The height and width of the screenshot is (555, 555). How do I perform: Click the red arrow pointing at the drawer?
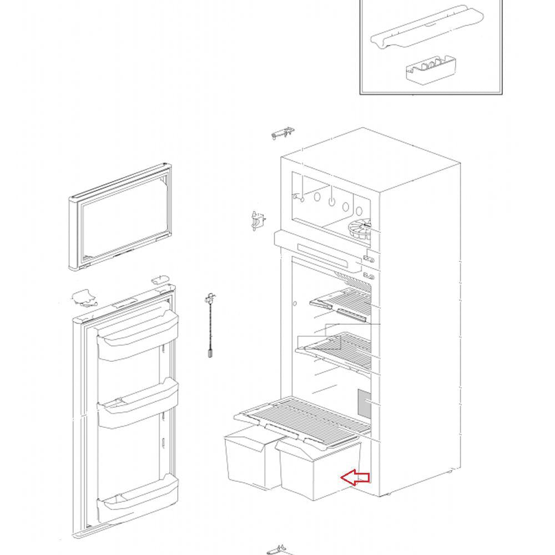pos(355,477)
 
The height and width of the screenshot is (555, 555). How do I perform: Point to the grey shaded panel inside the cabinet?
pos(364,404)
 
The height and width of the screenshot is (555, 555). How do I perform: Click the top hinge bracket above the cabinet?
pos(282,134)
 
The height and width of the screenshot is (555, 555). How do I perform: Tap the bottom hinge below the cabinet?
pos(279,551)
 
